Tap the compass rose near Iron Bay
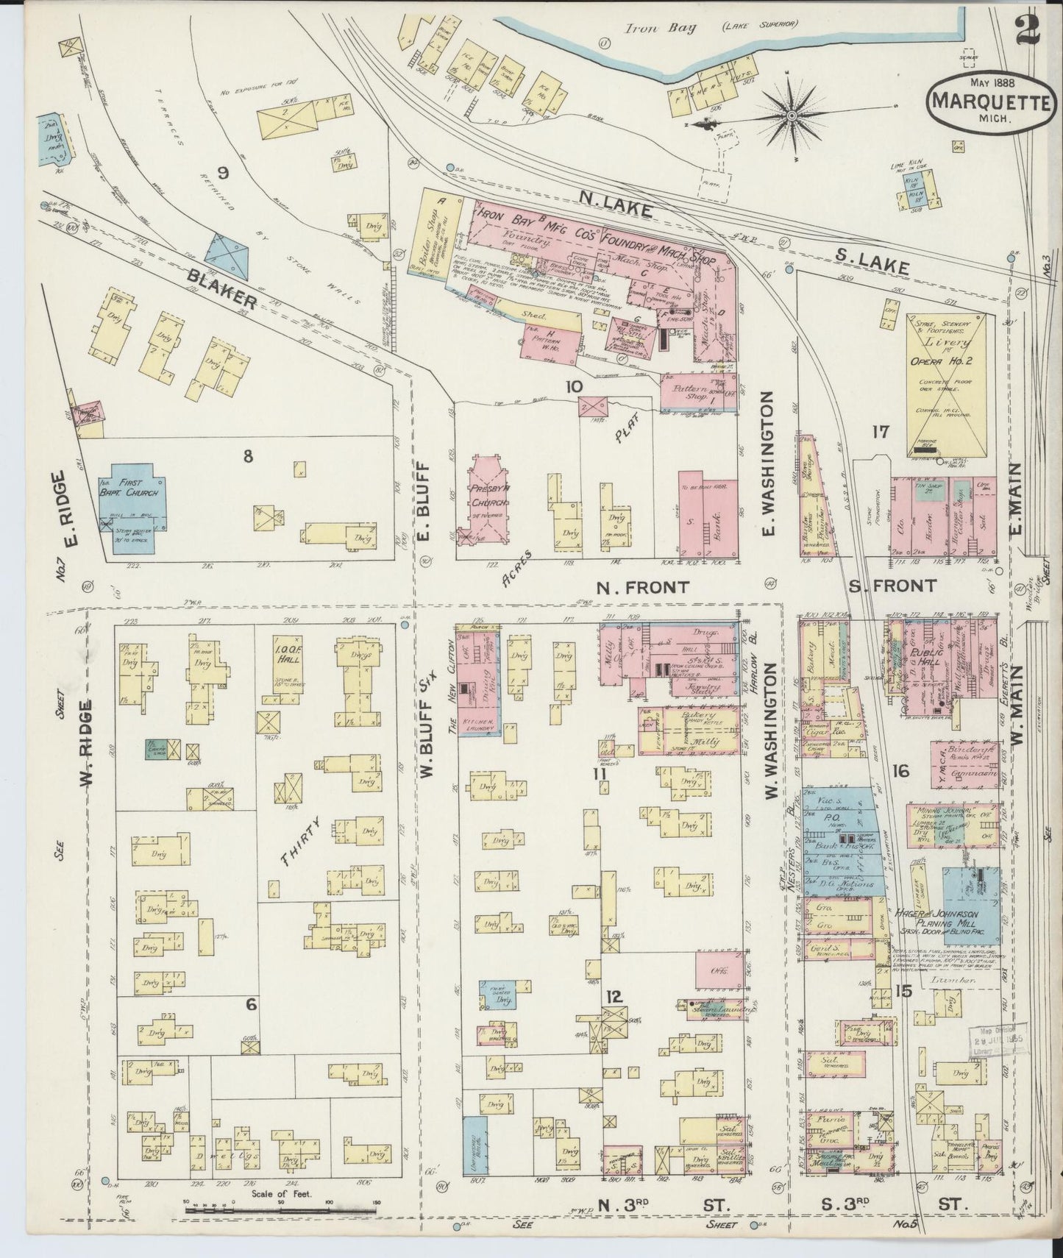793,116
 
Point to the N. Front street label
642,586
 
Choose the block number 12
615,997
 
